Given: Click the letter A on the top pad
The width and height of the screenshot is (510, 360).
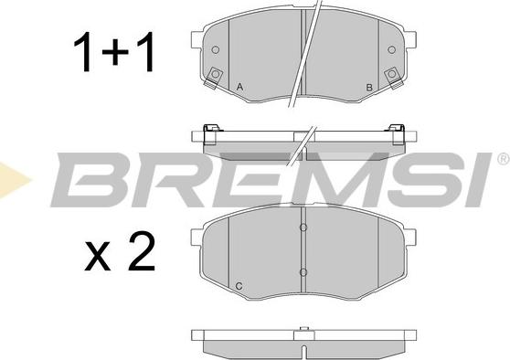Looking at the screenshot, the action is tap(239, 87).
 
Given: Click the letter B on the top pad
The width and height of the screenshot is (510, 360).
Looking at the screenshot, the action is tap(369, 87).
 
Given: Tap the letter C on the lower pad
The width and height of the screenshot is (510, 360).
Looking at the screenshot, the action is tap(239, 286).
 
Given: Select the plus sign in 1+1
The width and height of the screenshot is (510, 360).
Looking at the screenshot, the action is tap(115, 52).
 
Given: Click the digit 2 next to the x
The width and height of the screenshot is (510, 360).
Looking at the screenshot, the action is tap(142, 251).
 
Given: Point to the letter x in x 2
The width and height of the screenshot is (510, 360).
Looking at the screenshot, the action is tap(98, 256).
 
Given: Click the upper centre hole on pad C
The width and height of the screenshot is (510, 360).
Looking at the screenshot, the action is tap(303, 228).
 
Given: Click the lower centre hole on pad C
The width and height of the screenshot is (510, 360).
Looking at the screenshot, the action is tap(303, 272).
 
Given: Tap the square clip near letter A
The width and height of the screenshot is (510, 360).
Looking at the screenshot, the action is tap(215, 76).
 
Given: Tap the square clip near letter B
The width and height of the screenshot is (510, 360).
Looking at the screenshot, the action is tap(392, 76).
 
